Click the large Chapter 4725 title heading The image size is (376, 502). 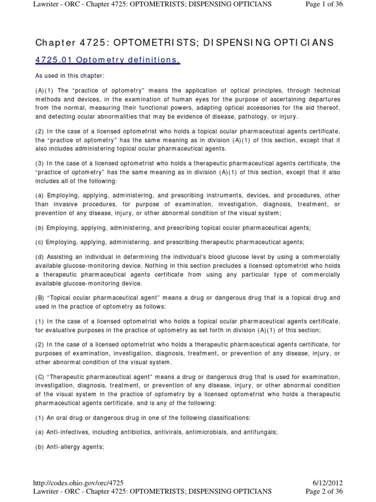(185, 42)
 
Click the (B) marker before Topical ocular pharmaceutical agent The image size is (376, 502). (41, 298)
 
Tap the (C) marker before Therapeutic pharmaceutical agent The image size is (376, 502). (41, 376)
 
